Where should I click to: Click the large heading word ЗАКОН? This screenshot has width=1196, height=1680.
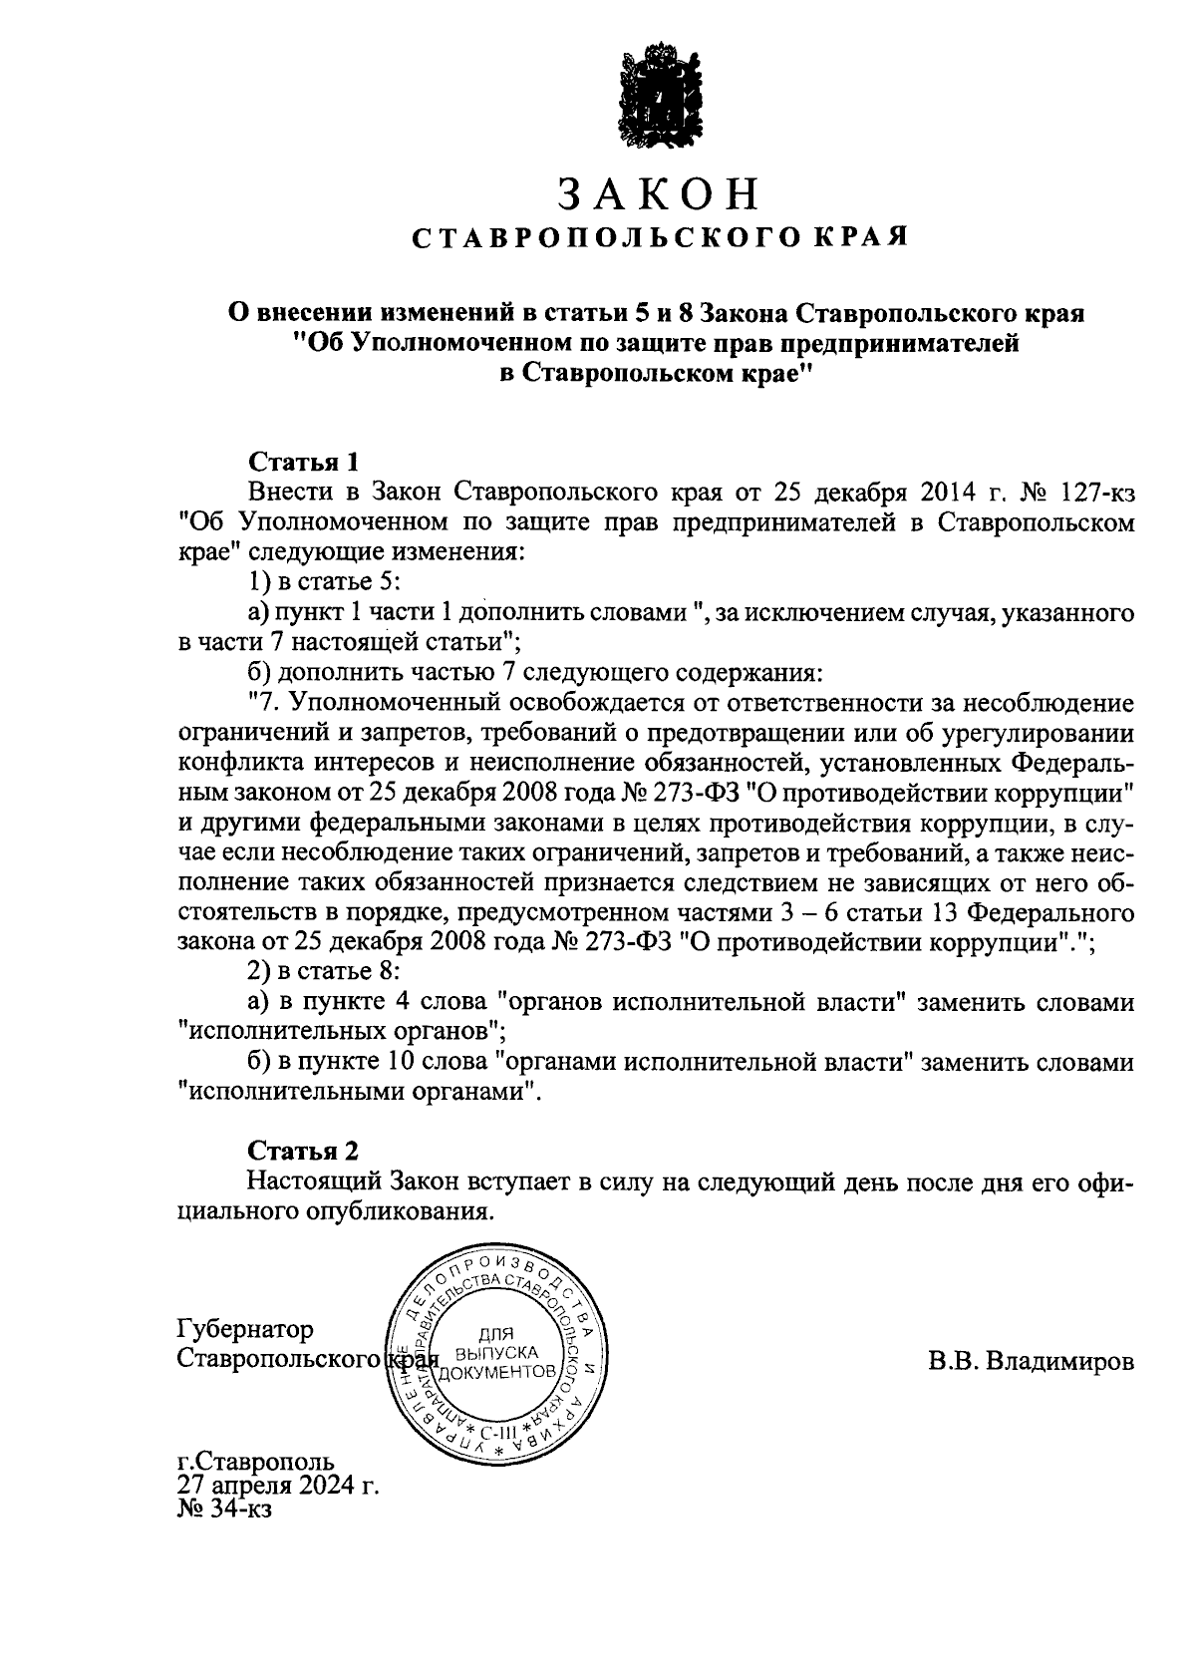pos(658,194)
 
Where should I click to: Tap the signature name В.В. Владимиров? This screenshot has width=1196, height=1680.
pos(1031,1360)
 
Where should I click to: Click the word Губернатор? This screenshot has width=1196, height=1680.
pos(244,1330)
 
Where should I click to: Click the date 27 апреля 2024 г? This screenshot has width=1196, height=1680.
pos(278,1486)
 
